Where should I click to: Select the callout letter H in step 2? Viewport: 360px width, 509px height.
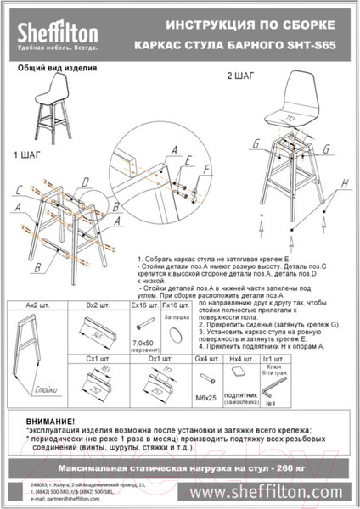point(345,182)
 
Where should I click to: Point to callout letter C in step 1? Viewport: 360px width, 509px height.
point(17,189)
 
